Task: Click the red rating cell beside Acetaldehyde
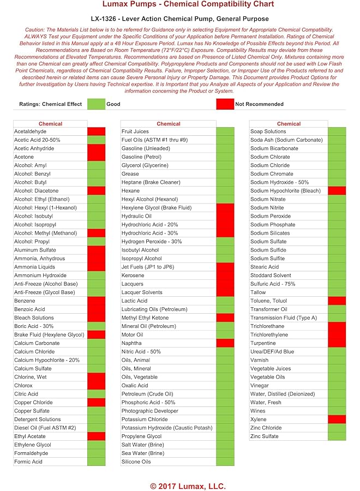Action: (96, 131)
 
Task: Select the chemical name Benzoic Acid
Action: (29, 309)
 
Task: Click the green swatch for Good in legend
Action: (96, 104)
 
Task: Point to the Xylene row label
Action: (259, 420)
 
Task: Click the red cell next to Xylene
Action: (337, 420)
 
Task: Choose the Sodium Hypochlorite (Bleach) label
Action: (285, 191)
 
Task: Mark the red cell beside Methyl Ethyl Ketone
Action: (225, 318)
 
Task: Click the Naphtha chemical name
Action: (131, 343)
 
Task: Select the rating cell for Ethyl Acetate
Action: (96, 436)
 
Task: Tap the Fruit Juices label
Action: (135, 131)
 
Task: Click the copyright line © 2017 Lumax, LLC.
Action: (180, 486)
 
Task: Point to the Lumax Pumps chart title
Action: (180, 5)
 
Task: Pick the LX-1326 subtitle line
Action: (180, 18)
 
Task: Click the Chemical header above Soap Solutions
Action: (289, 124)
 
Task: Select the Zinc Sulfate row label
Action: (265, 436)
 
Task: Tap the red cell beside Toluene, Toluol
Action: (337, 301)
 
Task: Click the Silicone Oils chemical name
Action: (136, 462)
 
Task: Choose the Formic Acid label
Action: (28, 462)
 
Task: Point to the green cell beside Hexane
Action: (225, 191)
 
